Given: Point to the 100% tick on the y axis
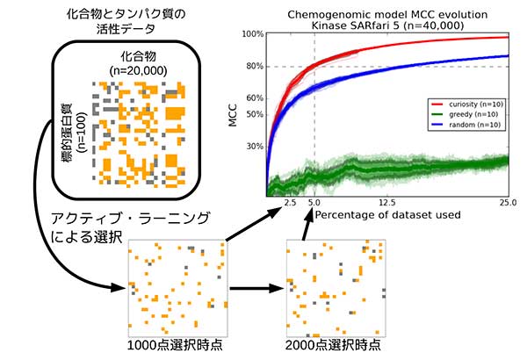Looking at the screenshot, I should [x=253, y=35].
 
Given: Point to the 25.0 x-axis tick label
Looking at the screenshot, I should [x=508, y=203].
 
